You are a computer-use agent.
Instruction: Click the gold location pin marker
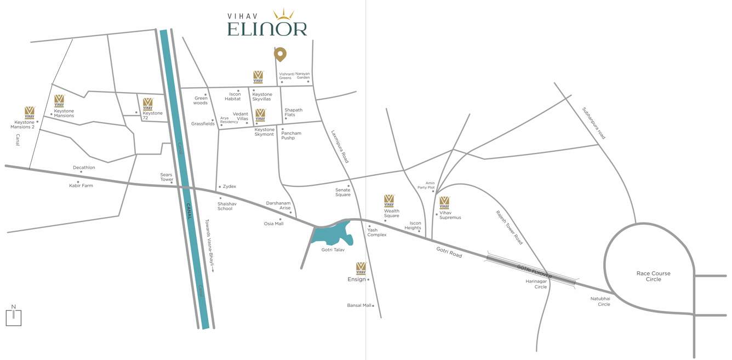coord(280,54)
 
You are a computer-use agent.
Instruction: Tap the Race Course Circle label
coord(653,276)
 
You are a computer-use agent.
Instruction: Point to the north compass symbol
coord(14,316)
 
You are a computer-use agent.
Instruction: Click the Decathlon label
coord(84,168)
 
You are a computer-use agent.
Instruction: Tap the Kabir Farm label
coord(81,186)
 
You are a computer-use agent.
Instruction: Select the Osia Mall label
coord(273,224)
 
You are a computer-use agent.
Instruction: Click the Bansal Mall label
coord(359,305)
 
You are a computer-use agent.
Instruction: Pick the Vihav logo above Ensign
coord(361,268)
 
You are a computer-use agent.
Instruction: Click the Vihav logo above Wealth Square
coord(389,201)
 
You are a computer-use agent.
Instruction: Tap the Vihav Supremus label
coord(450,215)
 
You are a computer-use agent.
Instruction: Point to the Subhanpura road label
coord(593,123)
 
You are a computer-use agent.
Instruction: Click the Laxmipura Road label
coord(340,146)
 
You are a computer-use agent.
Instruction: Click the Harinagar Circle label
coord(536,284)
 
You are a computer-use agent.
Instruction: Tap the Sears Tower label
coord(167,177)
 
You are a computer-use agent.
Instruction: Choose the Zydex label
coord(229,187)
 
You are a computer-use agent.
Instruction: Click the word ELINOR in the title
coord(267,28)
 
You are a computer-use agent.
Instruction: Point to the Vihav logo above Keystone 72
coord(147,104)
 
